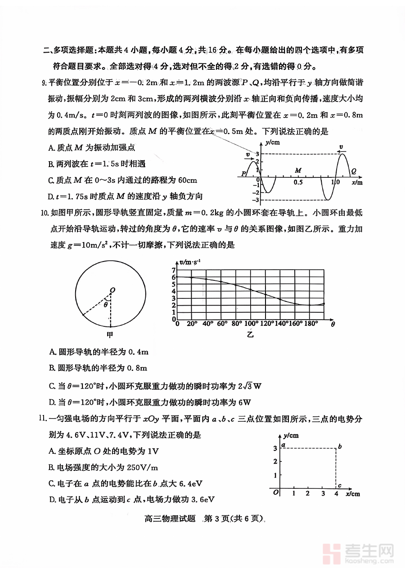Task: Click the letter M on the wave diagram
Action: [298, 171]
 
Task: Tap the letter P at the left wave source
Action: [243, 173]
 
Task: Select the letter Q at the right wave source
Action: [354, 171]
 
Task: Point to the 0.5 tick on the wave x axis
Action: [298, 182]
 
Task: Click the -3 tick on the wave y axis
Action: [256, 200]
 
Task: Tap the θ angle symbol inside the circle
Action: [106, 304]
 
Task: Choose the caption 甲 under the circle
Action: [110, 335]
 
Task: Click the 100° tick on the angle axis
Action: [251, 324]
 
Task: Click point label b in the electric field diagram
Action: [340, 446]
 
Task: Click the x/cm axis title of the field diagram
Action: [353, 494]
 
